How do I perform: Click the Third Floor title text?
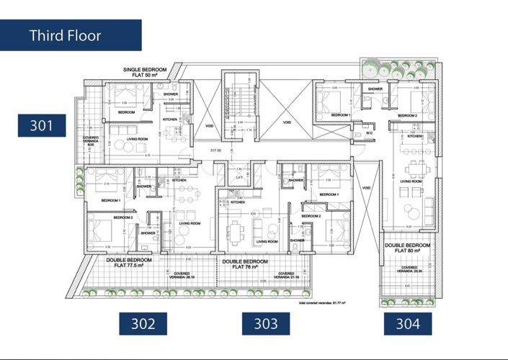(x=65, y=35)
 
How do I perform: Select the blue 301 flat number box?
(x=42, y=125)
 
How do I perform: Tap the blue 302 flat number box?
(x=143, y=323)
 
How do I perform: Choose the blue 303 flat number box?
(x=266, y=323)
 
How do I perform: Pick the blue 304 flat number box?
(x=408, y=323)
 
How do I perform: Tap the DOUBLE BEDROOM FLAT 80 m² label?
(x=407, y=248)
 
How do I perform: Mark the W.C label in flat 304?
(x=369, y=132)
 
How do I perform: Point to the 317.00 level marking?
(x=215, y=150)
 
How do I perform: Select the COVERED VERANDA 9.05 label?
(x=91, y=140)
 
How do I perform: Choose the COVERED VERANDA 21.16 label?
(x=286, y=276)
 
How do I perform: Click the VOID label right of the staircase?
(x=287, y=122)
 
